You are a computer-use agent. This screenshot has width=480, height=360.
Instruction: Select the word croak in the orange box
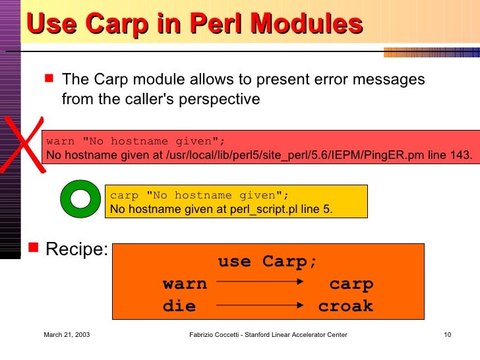coord(345,307)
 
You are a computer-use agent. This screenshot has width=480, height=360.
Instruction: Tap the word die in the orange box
coord(179,307)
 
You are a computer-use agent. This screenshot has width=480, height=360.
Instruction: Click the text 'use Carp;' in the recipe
coord(268,262)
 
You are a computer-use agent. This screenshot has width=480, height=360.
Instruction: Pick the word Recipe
coord(76,250)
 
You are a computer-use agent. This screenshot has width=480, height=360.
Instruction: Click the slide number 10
coord(447,336)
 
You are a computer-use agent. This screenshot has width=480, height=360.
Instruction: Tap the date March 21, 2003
coord(67,336)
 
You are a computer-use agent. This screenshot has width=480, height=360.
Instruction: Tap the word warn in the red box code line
coord(61,141)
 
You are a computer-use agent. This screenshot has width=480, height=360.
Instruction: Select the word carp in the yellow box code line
coord(125,195)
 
